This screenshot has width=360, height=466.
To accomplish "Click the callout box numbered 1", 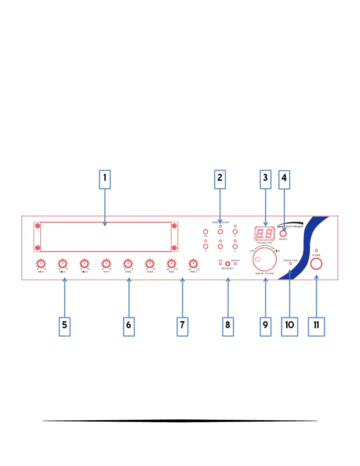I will click(105, 179).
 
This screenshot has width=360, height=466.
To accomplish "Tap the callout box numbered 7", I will click(182, 326).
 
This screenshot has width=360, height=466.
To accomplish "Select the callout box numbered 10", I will click(289, 326).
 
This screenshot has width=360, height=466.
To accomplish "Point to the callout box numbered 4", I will click(284, 179).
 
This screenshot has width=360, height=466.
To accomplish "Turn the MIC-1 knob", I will click(41, 263).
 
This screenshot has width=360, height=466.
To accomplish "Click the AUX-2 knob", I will click(128, 263).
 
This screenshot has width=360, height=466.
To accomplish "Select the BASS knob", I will click(171, 263).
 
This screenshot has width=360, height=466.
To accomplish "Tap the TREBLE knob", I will click(193, 263).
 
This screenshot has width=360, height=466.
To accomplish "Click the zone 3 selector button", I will click(206, 246).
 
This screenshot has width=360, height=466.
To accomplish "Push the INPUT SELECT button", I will click(228, 264).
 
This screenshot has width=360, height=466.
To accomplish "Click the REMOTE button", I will click(283, 234).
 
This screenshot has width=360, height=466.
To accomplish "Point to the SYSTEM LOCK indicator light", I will click(290, 264).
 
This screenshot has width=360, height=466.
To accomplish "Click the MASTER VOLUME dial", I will click(264, 259).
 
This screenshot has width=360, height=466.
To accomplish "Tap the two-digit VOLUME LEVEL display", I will click(264, 234).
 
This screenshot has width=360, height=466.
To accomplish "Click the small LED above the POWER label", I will click(316, 251).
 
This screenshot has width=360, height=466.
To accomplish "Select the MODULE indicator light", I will click(235, 264).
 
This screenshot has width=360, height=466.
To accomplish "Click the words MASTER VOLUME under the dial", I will click(264, 274).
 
